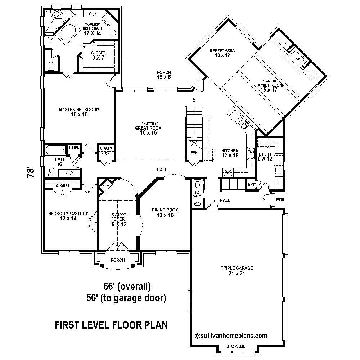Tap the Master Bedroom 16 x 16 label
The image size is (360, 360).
point(79,112)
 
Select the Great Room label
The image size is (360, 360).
point(148,130)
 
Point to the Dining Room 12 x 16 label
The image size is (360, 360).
point(165,212)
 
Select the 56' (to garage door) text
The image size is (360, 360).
point(125,298)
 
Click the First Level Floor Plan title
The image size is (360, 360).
point(111,325)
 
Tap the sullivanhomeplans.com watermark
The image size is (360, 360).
point(231,336)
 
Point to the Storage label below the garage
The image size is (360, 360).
point(236,346)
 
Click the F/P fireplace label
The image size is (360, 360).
point(298,58)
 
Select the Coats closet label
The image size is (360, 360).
point(106,148)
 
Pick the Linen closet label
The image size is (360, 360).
point(74,148)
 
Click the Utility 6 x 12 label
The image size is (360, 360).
point(266,156)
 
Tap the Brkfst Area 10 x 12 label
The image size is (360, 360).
point(220,53)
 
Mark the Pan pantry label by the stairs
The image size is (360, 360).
point(194,152)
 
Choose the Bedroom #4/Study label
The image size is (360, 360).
point(68,216)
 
